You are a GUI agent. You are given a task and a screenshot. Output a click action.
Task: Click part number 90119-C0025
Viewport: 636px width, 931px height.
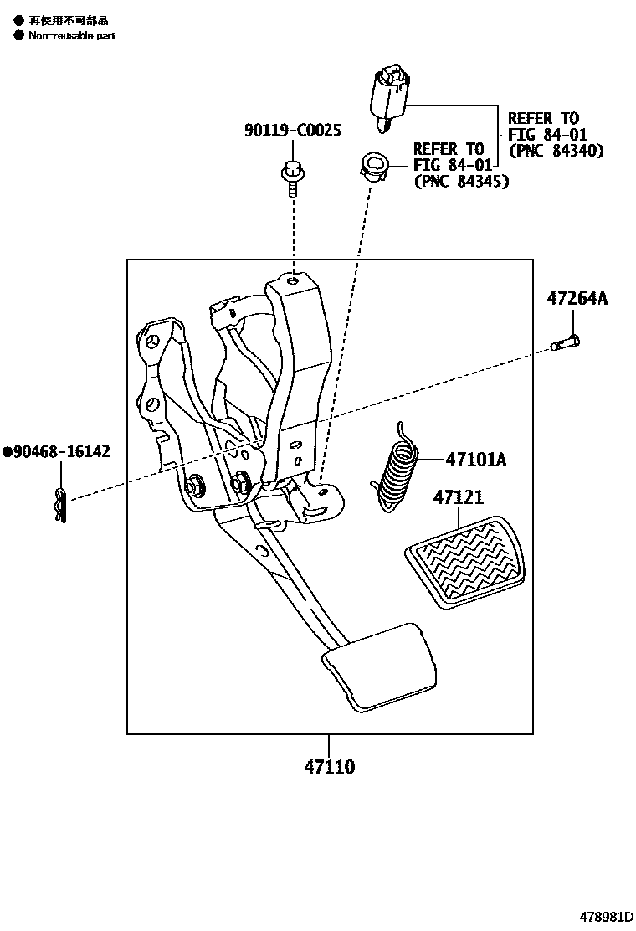click(292, 131)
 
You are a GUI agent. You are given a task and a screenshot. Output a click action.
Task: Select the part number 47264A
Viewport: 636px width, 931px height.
click(577, 297)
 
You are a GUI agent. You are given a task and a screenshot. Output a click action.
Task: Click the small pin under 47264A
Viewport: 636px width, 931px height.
click(567, 342)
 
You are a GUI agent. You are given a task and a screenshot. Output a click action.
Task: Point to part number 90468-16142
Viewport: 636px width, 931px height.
click(61, 452)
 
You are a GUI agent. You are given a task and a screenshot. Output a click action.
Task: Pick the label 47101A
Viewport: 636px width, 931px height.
click(476, 459)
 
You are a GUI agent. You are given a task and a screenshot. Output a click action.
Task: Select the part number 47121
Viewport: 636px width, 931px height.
click(458, 497)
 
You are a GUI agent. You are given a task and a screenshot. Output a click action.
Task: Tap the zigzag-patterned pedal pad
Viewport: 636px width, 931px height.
click(465, 559)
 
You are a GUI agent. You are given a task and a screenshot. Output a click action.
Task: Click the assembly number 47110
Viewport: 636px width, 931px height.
click(328, 766)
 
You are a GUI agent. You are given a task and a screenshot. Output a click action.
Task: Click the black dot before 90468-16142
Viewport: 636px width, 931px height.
click(7, 452)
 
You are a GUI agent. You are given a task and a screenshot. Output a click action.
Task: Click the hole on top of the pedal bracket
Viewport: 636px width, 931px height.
click(291, 283)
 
